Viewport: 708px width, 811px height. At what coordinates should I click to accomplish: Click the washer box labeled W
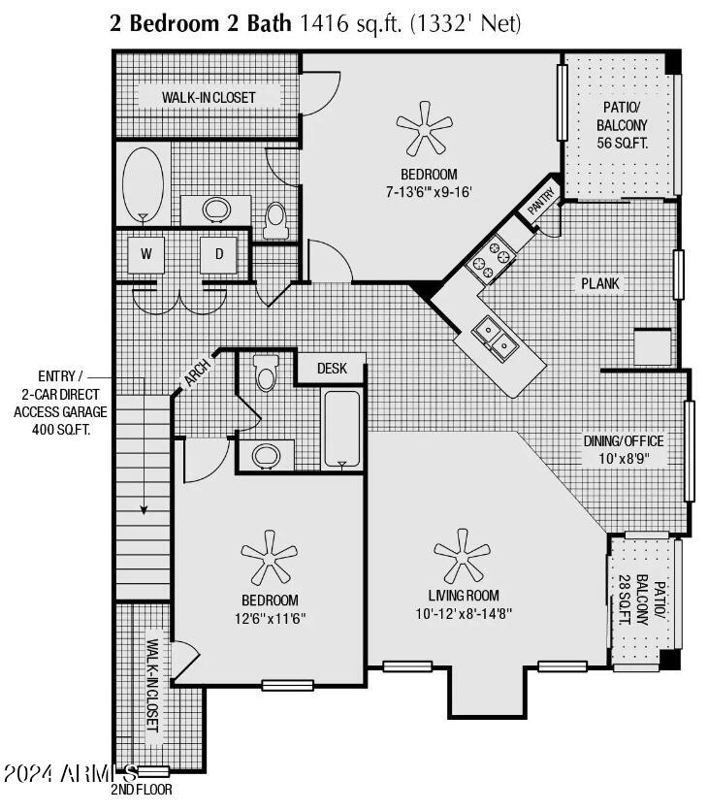coord(146,254)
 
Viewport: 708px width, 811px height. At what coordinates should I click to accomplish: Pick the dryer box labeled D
coord(219,254)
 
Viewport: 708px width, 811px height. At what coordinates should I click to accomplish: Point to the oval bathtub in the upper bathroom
coord(144,184)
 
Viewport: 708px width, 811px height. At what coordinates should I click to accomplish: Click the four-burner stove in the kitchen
coord(490,258)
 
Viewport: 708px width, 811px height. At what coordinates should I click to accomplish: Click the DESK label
coord(332,369)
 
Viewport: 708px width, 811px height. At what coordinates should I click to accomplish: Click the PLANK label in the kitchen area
coord(599,284)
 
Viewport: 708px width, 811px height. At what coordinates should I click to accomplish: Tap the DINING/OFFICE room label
coord(623,440)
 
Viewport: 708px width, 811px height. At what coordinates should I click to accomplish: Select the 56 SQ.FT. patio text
coord(622,143)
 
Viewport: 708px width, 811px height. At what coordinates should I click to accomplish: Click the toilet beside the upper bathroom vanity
coord(276,219)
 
